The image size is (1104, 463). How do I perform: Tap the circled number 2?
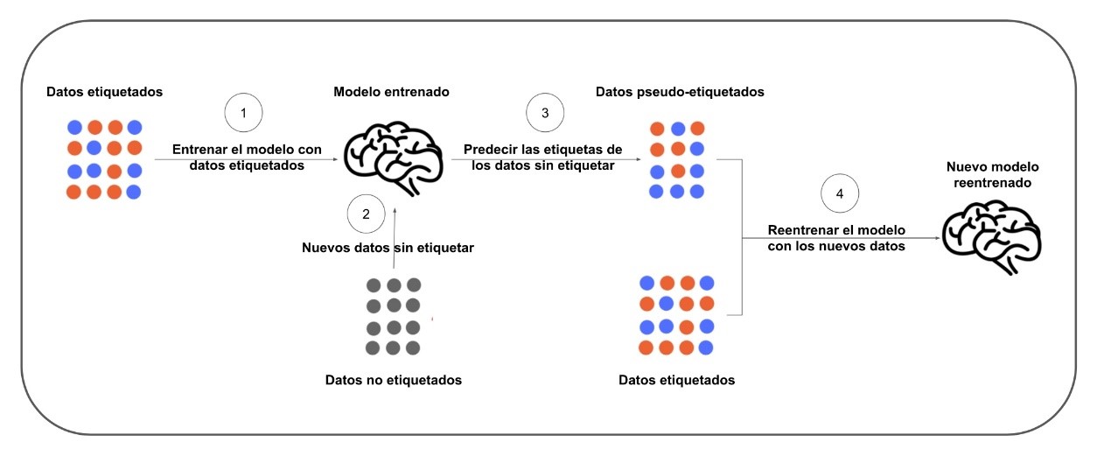click(x=366, y=213)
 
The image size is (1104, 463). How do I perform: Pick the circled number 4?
click(x=840, y=194)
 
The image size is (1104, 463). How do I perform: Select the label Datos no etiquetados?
click(x=393, y=380)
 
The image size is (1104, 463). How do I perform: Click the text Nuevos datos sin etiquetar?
click(x=388, y=248)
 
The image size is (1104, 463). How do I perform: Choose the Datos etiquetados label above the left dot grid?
click(x=104, y=91)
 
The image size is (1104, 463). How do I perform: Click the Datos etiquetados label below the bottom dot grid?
click(x=676, y=380)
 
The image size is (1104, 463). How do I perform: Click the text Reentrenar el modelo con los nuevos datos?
click(x=836, y=238)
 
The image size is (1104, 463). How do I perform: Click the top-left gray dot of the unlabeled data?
click(x=374, y=285)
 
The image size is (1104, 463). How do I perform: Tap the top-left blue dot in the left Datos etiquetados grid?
click(x=75, y=127)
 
